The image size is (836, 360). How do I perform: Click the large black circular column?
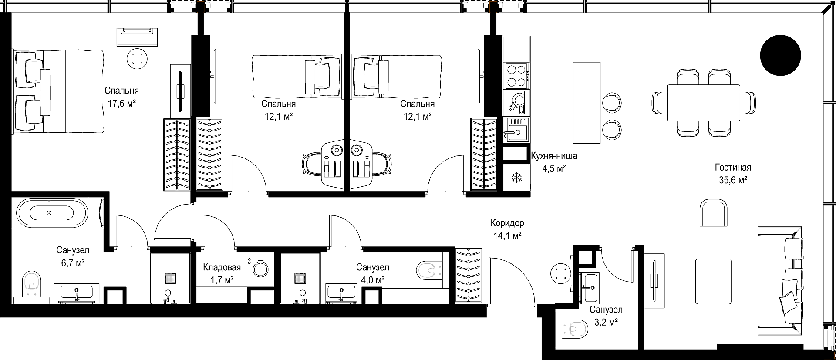pos(780,55)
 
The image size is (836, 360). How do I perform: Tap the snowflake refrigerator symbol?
pos(516,177)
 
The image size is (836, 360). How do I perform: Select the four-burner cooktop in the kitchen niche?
pos(517,75)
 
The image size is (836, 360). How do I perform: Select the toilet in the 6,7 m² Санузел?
pos(31,283)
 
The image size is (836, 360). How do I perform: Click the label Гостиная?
pos(733,168)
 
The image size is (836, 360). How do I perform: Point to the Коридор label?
pos(507,223)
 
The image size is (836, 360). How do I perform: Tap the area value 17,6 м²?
pos(121,103)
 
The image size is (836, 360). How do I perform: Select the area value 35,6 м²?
pos(733,180)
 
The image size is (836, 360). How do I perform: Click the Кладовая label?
pos(222,267)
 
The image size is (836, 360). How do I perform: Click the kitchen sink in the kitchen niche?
pos(517,129)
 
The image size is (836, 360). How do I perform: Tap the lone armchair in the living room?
pos(714,213)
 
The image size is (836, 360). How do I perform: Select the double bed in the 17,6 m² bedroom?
pos(58,91)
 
